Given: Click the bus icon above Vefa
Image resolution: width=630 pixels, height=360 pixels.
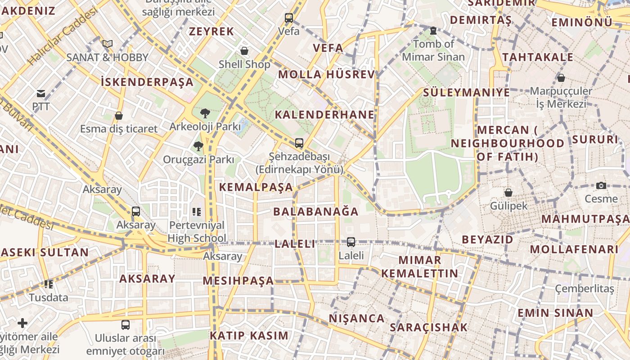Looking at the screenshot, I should tap(289, 18).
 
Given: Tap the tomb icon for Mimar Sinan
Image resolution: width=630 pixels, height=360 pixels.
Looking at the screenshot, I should tap(433, 31).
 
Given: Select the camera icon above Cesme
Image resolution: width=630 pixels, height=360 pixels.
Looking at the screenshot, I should tap(601, 185).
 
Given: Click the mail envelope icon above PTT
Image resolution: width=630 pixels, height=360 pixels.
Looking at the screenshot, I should tap(41, 94).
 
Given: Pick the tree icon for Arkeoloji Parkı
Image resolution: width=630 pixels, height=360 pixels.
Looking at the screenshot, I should tap(205, 113).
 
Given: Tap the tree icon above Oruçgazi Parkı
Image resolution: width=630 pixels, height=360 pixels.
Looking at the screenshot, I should tap(198, 146).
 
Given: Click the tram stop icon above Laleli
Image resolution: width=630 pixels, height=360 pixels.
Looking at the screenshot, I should tap(351, 242).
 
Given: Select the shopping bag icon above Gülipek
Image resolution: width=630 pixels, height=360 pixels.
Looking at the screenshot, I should tap(508, 193).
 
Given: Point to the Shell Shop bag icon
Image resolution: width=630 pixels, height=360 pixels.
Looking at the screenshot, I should tap(244, 51).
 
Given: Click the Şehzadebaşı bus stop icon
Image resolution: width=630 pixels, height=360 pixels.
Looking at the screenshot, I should tap(299, 143).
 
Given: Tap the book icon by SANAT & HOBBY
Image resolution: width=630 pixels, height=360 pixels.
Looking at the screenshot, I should tap(107, 44).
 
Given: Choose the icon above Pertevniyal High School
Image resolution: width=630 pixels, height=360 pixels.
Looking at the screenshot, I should tap(196, 211).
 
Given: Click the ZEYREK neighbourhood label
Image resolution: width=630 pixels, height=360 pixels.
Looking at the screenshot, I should tap(211, 31).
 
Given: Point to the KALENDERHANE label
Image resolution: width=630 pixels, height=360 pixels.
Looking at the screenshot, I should tap(324, 115).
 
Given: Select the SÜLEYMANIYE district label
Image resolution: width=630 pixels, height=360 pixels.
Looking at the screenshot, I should tap(467, 93).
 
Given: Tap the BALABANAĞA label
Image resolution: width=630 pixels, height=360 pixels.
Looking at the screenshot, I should tap(316, 211).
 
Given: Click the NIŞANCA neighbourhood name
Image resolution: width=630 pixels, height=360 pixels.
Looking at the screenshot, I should tap(357, 319).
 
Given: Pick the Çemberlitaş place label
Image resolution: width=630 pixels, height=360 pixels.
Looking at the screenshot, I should tap(584, 288).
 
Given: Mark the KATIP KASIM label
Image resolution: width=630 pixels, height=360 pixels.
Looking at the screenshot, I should tap(249, 336).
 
